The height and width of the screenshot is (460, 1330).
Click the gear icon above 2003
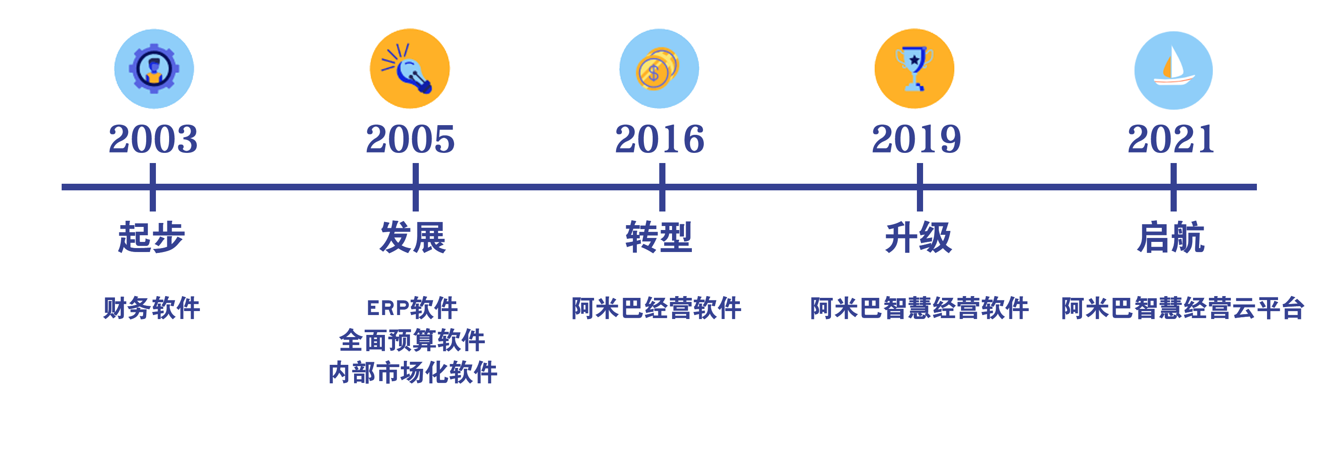coord(154,69)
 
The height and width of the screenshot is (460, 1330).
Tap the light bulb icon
coord(410,69)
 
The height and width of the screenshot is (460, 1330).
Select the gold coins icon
coord(659,69)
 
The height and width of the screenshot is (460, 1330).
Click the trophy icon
coord(914,69)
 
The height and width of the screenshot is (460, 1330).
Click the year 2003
coord(153,139)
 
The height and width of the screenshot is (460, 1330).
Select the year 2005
coord(410,139)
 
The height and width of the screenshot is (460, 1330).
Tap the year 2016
coord(659,139)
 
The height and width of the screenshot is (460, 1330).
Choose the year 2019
coord(916,139)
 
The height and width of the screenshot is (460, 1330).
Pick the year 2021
coord(1171,139)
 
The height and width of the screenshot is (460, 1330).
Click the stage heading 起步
coord(151,237)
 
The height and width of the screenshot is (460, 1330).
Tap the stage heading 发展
coord(413,237)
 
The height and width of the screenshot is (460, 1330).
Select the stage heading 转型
coord(659,237)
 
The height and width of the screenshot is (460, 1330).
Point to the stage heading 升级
coord(919,237)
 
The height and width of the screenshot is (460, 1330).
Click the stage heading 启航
coord(1171,237)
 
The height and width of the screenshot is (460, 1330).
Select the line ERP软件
coord(411,308)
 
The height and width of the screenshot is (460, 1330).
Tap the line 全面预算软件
coord(411,340)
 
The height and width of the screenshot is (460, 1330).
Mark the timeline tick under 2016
coord(662,187)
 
